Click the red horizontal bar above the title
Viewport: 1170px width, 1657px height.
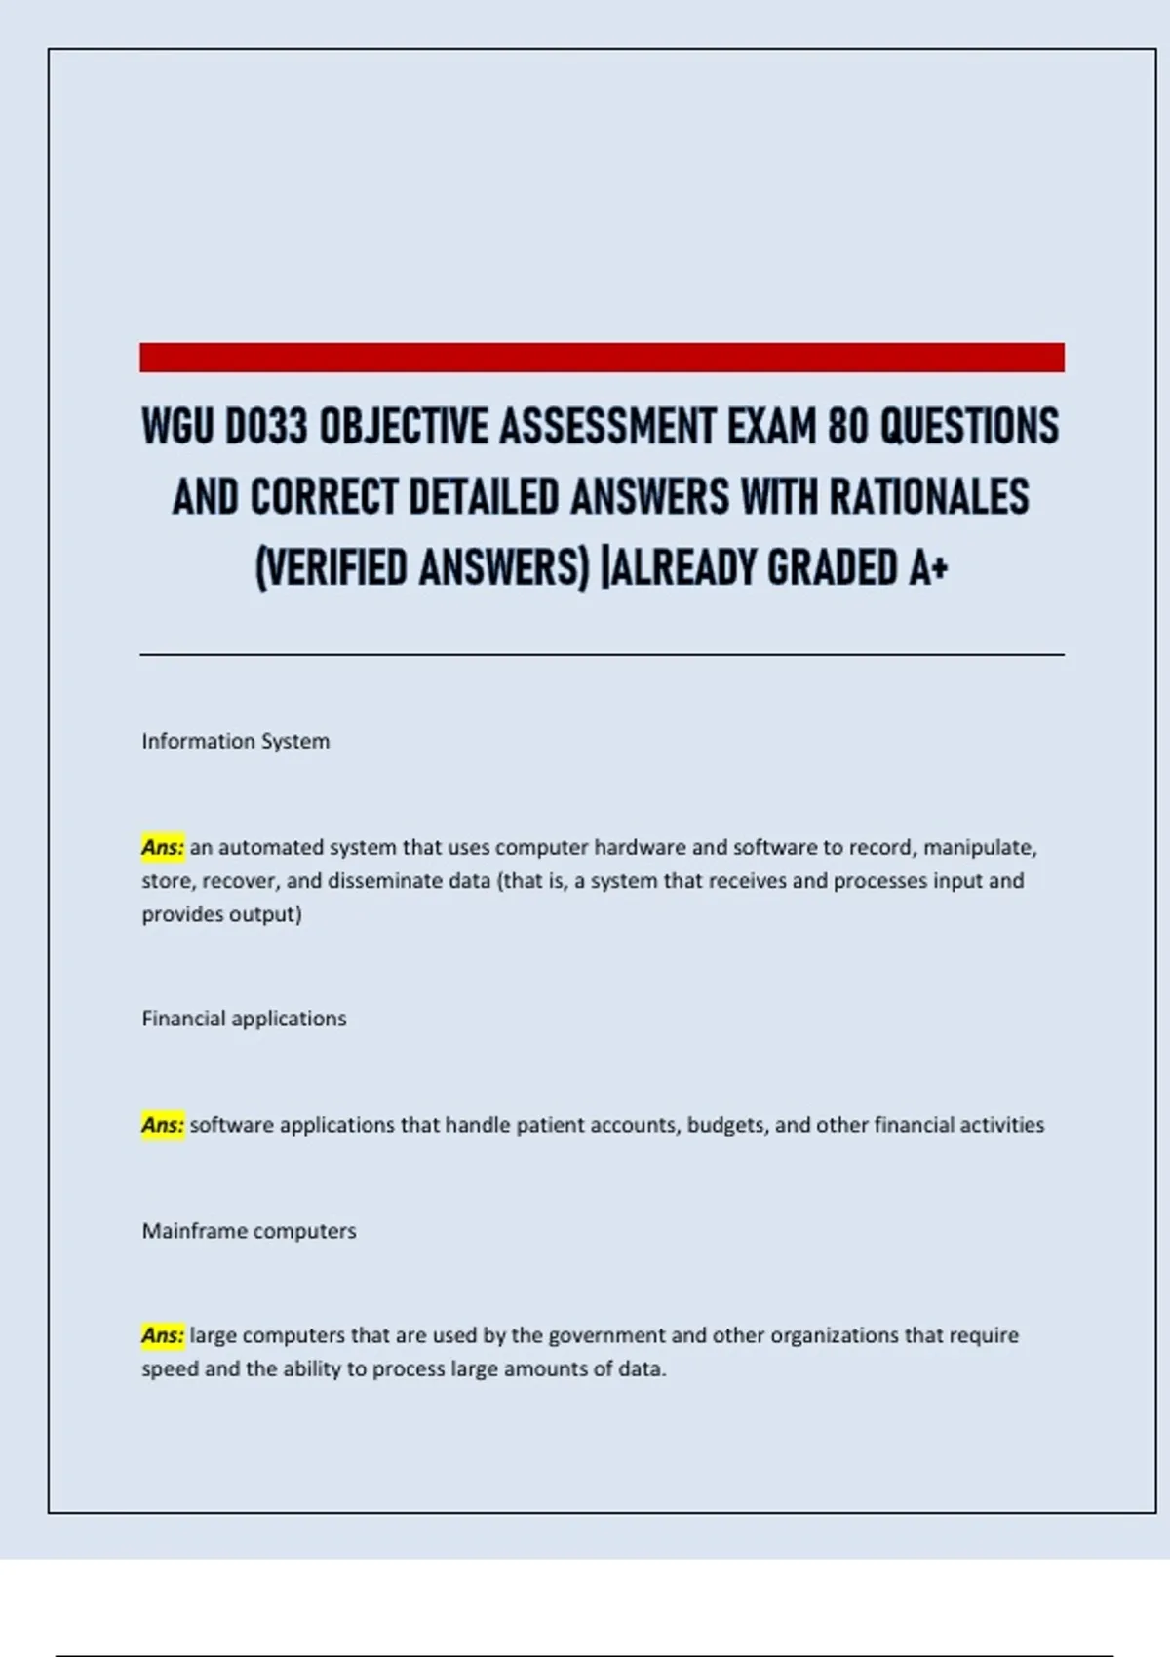(x=602, y=357)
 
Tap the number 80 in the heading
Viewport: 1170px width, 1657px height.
(x=847, y=427)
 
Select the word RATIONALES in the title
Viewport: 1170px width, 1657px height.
(x=929, y=497)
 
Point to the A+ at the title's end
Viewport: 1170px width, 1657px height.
(x=928, y=568)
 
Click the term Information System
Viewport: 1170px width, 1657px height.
(x=236, y=741)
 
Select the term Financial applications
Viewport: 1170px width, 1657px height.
(x=244, y=1019)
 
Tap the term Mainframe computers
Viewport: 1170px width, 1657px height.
(x=249, y=1231)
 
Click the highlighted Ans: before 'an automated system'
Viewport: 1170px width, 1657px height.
(x=163, y=848)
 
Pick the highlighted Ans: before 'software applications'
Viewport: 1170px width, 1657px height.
(x=163, y=1125)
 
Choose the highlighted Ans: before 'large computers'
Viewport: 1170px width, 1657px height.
(x=163, y=1335)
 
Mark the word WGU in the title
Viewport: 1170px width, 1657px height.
(x=176, y=427)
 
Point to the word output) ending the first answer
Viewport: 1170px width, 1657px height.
(x=266, y=914)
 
